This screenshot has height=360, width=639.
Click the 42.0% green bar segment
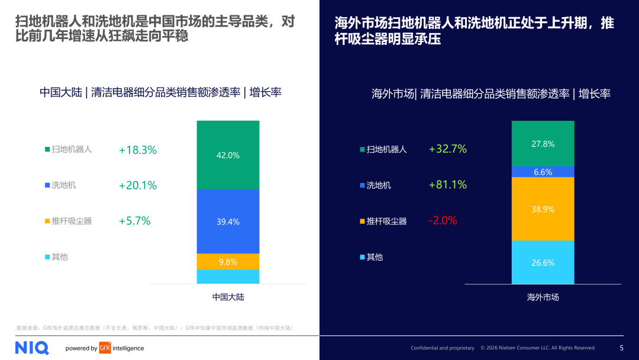228,155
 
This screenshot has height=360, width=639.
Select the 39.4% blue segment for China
228,221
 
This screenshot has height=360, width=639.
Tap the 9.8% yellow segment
228,262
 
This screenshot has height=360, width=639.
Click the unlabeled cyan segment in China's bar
228,277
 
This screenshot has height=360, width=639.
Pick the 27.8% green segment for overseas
543,144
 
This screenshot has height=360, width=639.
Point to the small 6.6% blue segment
543,172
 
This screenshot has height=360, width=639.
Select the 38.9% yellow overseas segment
543,209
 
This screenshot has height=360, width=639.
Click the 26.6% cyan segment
543,262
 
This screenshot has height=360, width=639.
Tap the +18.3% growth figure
138,150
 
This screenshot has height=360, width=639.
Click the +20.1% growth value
138,185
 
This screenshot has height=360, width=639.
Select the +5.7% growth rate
135,221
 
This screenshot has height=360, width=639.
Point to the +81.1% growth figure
448,185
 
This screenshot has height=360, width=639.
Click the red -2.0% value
443,220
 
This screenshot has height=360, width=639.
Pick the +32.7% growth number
448,149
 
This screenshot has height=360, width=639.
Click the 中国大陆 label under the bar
228,297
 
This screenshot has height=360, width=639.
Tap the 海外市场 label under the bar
543,297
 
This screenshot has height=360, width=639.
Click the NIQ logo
32,348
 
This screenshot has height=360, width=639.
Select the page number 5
621,348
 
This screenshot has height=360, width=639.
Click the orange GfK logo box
105,348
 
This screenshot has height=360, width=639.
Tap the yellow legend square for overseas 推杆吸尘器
362,221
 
